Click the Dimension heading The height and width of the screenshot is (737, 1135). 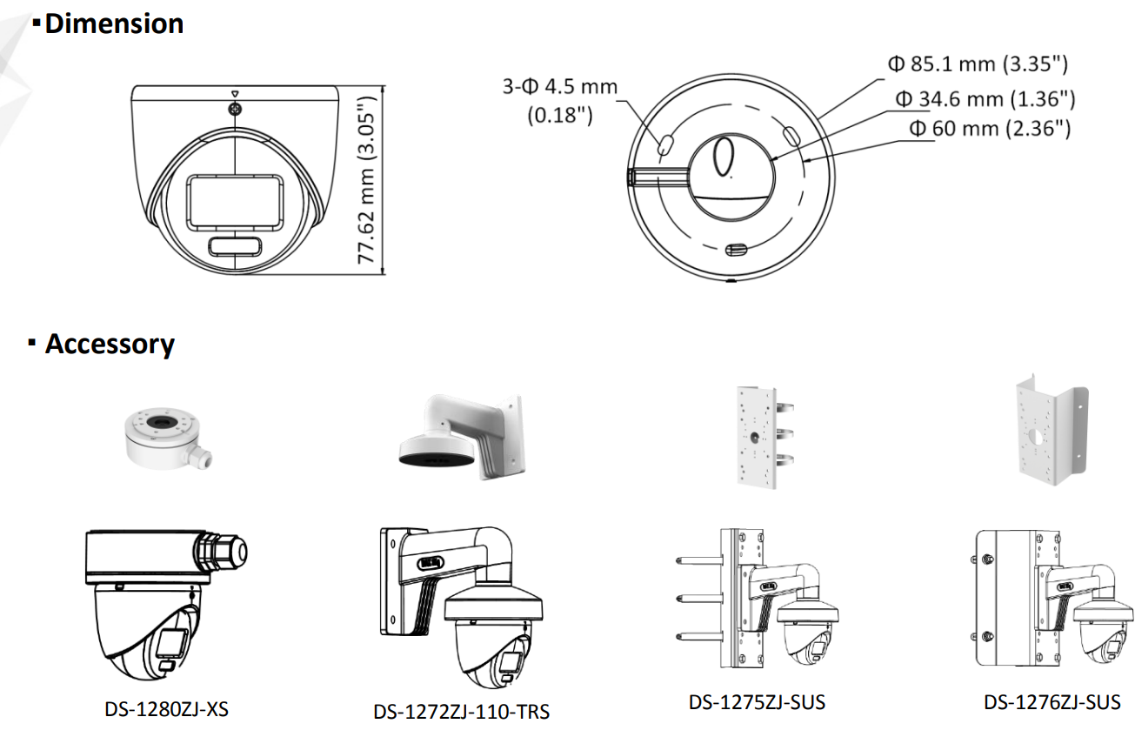(x=114, y=23)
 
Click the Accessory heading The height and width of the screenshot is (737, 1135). (x=110, y=345)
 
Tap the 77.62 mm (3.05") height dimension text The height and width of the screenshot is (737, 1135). (x=366, y=180)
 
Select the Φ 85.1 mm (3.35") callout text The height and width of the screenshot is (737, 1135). (x=978, y=64)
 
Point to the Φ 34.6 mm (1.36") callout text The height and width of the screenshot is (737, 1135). (x=985, y=99)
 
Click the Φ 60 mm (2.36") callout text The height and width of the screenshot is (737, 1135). (x=990, y=128)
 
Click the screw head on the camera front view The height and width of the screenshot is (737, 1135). (x=235, y=109)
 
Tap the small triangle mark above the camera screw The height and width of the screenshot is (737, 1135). (x=235, y=94)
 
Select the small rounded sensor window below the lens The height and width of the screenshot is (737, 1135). (x=236, y=247)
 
